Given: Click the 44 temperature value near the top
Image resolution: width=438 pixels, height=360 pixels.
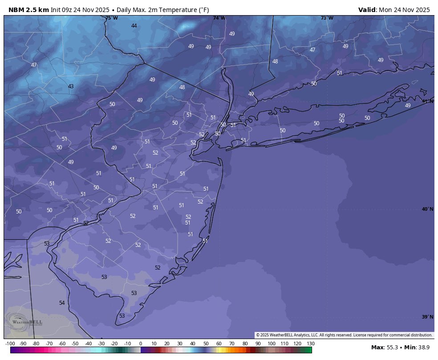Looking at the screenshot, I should coord(134,26).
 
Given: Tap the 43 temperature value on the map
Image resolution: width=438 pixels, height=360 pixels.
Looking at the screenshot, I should coord(71,86).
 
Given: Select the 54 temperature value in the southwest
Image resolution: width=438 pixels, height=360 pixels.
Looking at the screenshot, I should coord(62,303).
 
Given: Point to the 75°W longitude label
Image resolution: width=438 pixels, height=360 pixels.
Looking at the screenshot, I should coord(112,18).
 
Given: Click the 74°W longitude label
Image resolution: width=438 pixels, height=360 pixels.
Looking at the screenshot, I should coord(219,18).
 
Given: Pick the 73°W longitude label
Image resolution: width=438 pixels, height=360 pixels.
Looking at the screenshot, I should coord(327,18).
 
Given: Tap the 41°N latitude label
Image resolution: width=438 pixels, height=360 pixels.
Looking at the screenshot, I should coord(427,101).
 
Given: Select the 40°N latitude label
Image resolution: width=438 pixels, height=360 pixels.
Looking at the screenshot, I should coord(427,209).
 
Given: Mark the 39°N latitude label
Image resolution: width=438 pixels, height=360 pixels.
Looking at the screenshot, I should coord(427,317).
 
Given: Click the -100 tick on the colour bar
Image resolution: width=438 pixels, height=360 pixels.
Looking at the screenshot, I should coord(10,344).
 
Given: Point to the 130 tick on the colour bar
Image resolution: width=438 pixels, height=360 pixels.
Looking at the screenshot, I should coord(311,344).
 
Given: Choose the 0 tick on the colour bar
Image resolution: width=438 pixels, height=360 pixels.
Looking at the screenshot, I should coord(141,344).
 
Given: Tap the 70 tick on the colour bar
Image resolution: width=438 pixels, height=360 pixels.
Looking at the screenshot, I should coord(232,344).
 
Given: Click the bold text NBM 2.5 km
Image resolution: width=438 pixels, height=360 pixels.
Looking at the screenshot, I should coord(28,10).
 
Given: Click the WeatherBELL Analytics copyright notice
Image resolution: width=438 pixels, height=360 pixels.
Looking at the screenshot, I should coord(344,335).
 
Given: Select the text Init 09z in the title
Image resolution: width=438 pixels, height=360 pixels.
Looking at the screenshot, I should coord(61,10).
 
